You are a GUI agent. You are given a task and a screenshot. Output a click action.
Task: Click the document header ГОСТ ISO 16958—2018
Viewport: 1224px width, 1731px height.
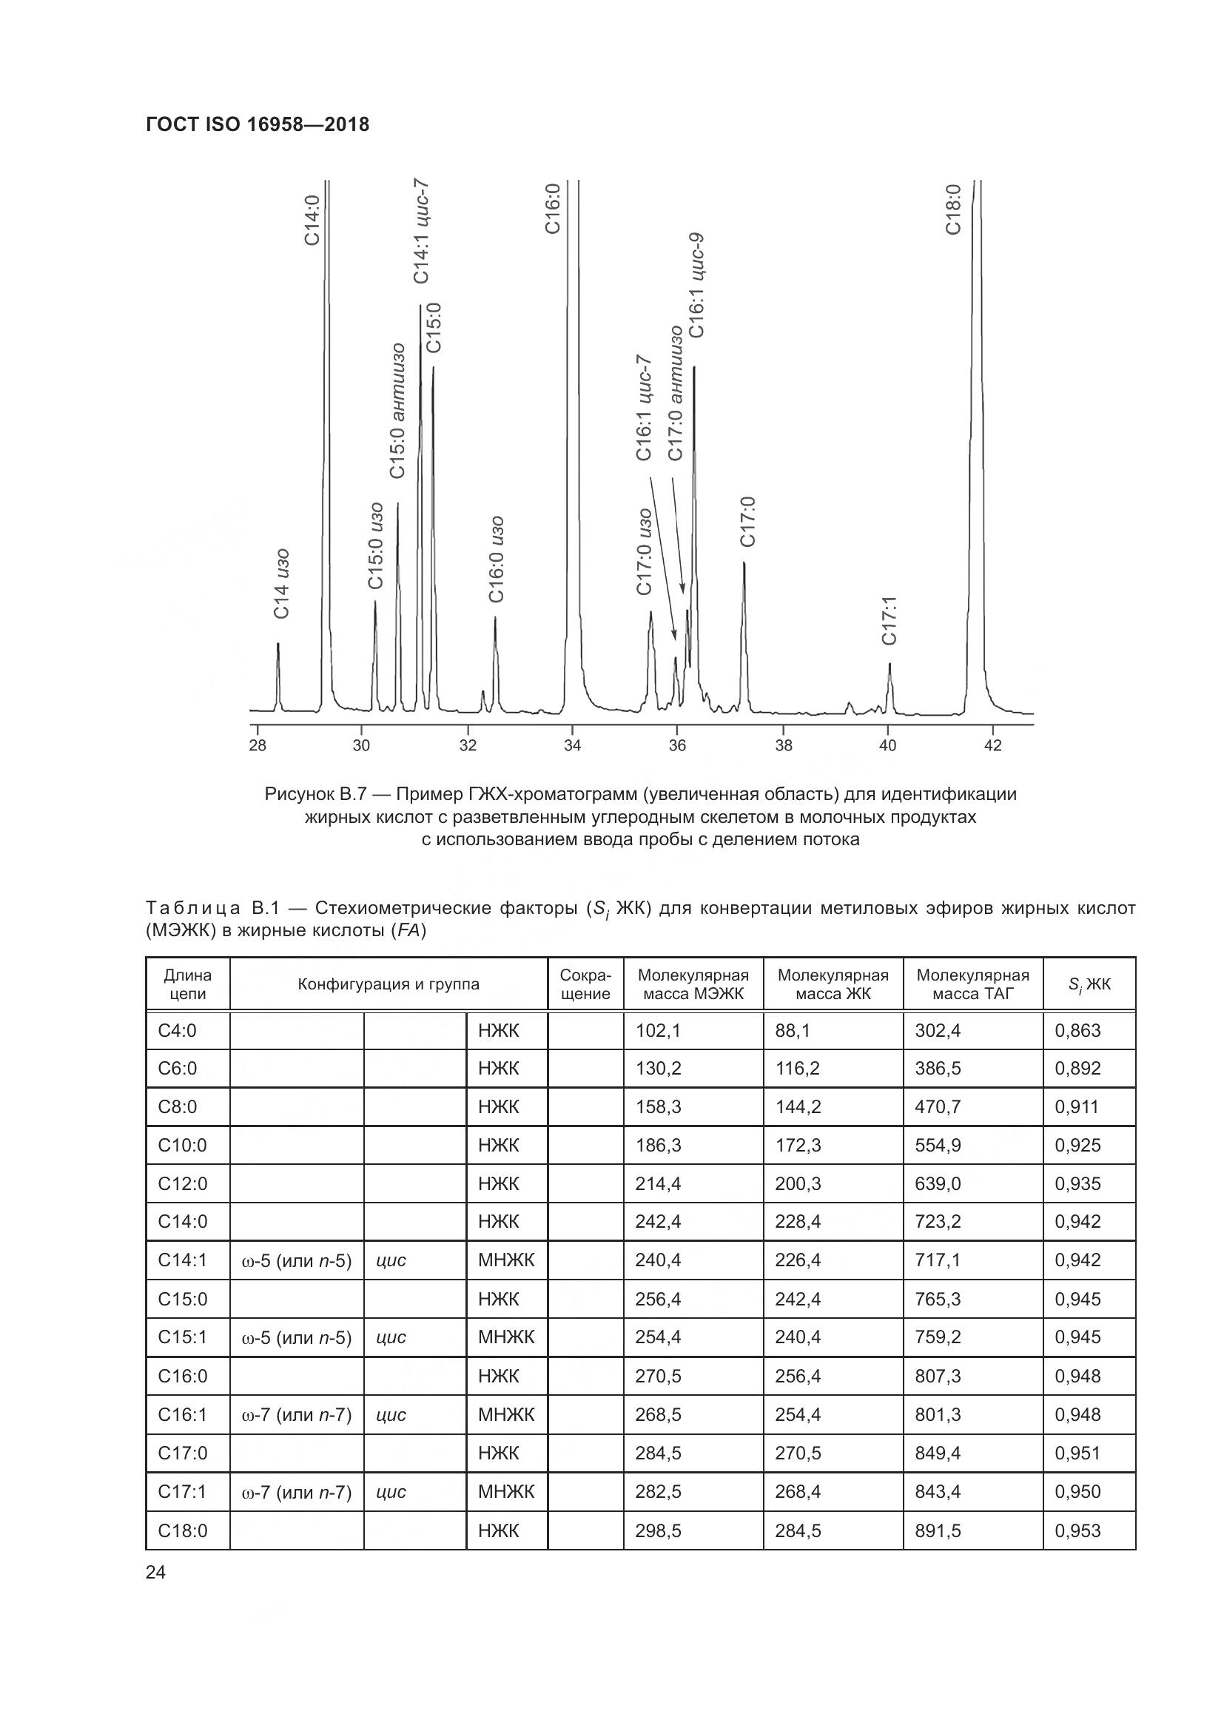[257, 124]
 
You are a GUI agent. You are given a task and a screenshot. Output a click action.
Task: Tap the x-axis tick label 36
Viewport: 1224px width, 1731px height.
[677, 746]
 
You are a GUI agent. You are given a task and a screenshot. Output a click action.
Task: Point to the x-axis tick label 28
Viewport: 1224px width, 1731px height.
[257, 746]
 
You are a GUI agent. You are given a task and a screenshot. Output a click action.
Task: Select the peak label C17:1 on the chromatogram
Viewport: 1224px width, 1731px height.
[890, 620]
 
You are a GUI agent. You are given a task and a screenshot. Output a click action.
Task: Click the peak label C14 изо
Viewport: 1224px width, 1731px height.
[282, 585]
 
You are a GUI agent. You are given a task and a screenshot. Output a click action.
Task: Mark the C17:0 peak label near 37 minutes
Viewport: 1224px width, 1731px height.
[747, 522]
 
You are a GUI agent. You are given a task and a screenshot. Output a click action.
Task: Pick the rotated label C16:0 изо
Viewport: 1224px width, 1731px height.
[495, 559]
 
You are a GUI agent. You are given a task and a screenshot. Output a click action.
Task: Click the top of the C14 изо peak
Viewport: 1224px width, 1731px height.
[278, 644]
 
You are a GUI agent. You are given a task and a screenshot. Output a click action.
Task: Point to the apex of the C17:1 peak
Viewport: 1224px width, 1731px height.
[890, 664]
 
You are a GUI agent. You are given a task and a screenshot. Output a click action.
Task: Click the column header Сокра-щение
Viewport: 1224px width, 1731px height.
[585, 984]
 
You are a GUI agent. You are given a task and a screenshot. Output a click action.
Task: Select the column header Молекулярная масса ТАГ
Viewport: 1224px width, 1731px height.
[972, 984]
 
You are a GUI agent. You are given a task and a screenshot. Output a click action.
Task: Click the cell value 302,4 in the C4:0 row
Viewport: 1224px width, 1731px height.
[938, 1031]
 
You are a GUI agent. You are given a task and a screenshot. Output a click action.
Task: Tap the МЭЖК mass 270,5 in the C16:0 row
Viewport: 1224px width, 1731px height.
[658, 1376]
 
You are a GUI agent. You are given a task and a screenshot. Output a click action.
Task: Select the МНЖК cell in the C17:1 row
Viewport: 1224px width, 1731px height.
[505, 1491]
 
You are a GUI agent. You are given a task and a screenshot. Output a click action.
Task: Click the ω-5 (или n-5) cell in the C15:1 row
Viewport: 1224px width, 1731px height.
[296, 1337]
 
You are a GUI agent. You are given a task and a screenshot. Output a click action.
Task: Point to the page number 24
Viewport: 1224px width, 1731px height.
[156, 1572]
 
